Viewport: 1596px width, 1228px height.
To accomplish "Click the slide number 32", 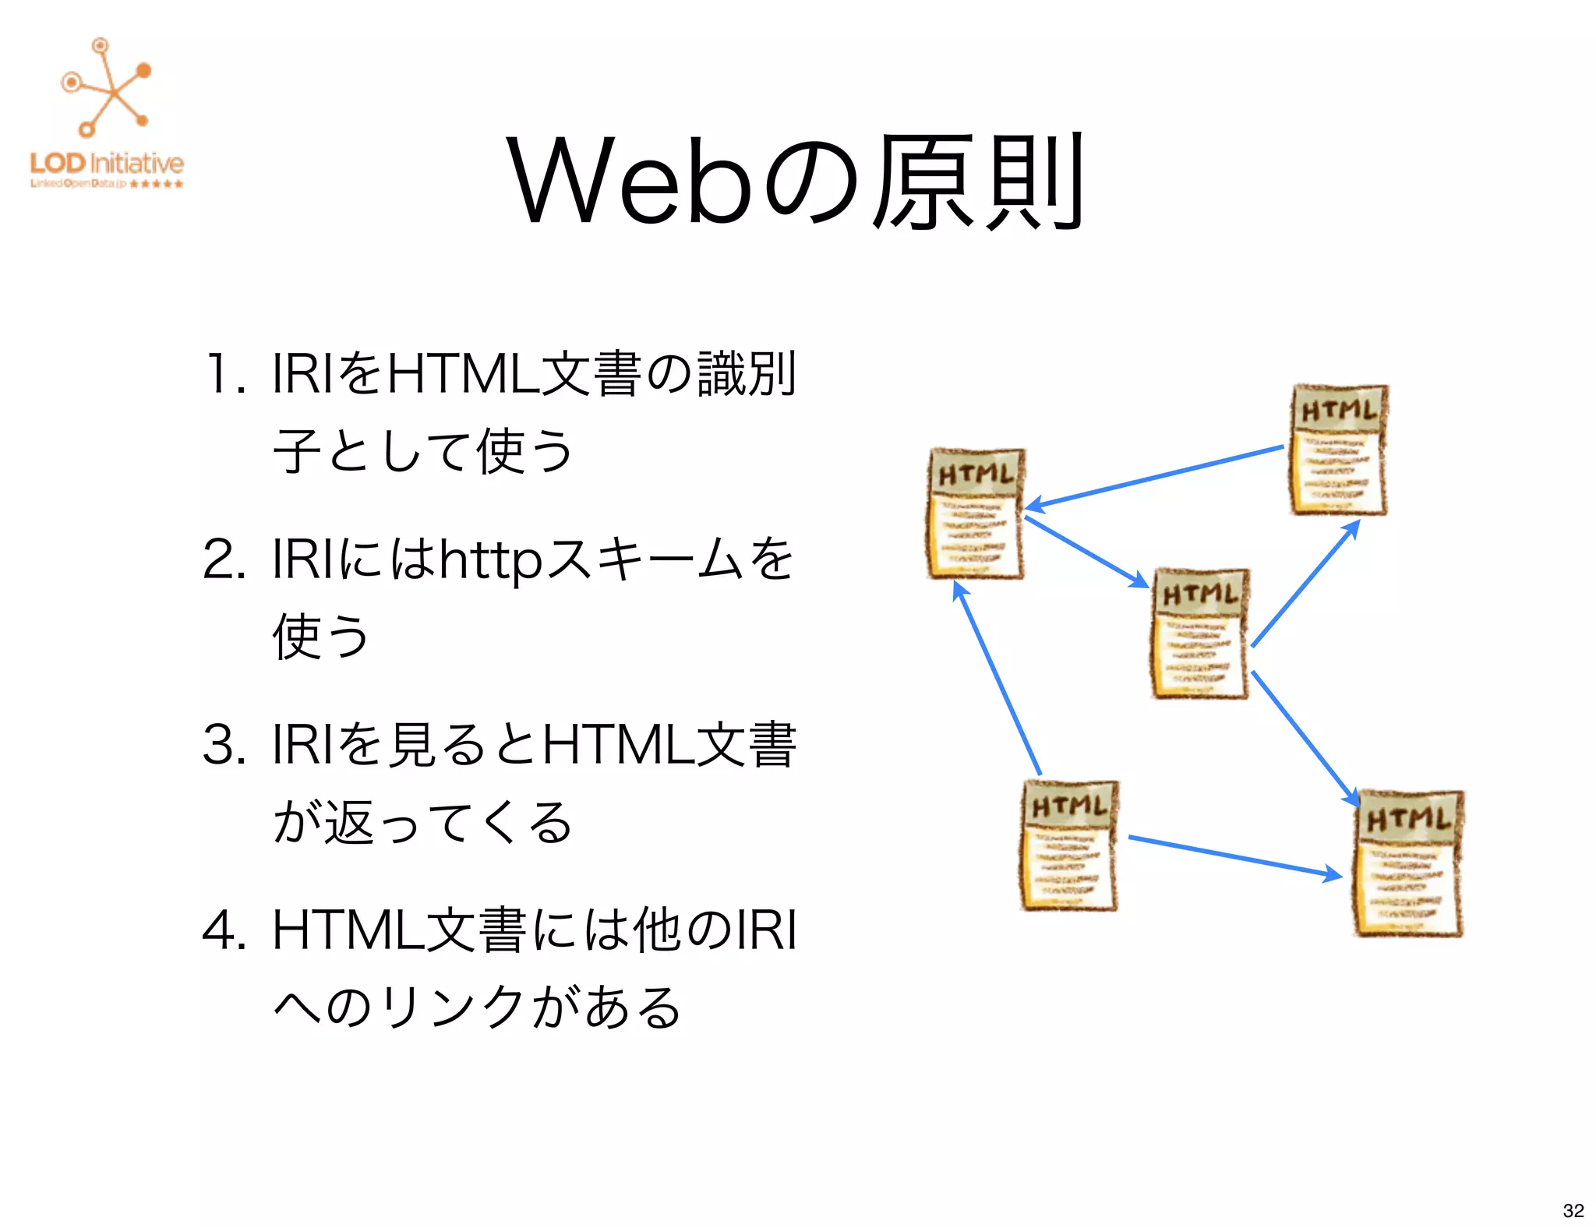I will [x=1573, y=1210].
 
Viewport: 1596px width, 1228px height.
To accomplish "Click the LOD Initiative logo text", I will [x=107, y=164].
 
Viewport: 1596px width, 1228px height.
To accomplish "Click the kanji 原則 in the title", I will [x=977, y=182].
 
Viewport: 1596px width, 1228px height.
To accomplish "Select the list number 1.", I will [x=223, y=374].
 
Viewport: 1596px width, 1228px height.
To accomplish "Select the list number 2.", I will [x=223, y=559].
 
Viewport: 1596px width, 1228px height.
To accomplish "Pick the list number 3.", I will [x=223, y=745].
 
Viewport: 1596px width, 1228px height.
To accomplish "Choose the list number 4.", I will [x=223, y=930].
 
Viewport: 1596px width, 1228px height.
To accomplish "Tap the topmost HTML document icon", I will [x=1339, y=450].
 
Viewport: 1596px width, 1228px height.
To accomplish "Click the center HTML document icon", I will [x=1200, y=633].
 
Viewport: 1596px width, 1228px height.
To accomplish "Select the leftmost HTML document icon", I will [x=976, y=513].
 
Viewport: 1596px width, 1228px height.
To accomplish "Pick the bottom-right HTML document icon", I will [x=1408, y=863].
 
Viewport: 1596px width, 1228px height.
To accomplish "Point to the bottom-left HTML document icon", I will [x=1069, y=845].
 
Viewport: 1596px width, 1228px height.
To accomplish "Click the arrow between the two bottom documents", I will [x=1235, y=856].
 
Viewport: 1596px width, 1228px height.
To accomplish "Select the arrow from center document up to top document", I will [x=1305, y=584].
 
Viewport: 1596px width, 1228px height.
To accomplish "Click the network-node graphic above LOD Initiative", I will [x=107, y=87].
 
